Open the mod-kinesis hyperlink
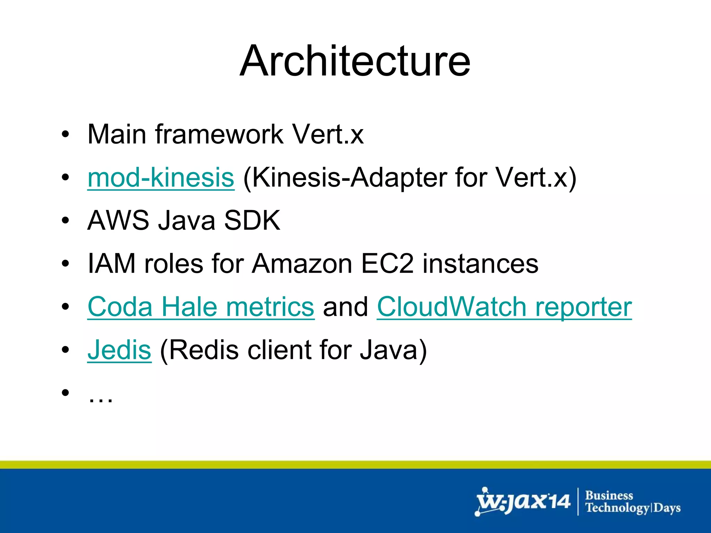pyautogui.click(x=161, y=178)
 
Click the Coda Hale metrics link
pyautogui.click(x=201, y=307)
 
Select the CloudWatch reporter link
pyautogui.click(x=504, y=307)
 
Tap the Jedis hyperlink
pyautogui.click(x=119, y=350)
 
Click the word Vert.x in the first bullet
pyautogui.click(x=328, y=134)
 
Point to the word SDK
pyautogui.click(x=252, y=220)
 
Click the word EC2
pyautogui.click(x=387, y=264)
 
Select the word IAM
pyautogui.click(x=111, y=264)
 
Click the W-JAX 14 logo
pyautogui.click(x=523, y=502)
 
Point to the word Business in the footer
pyautogui.click(x=609, y=496)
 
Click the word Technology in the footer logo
pyautogui.click(x=617, y=508)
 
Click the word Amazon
pyautogui.click(x=302, y=264)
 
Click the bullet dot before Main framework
pyautogui.click(x=65, y=135)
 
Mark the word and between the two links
pyautogui.click(x=345, y=307)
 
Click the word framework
pyautogui.click(x=219, y=134)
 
